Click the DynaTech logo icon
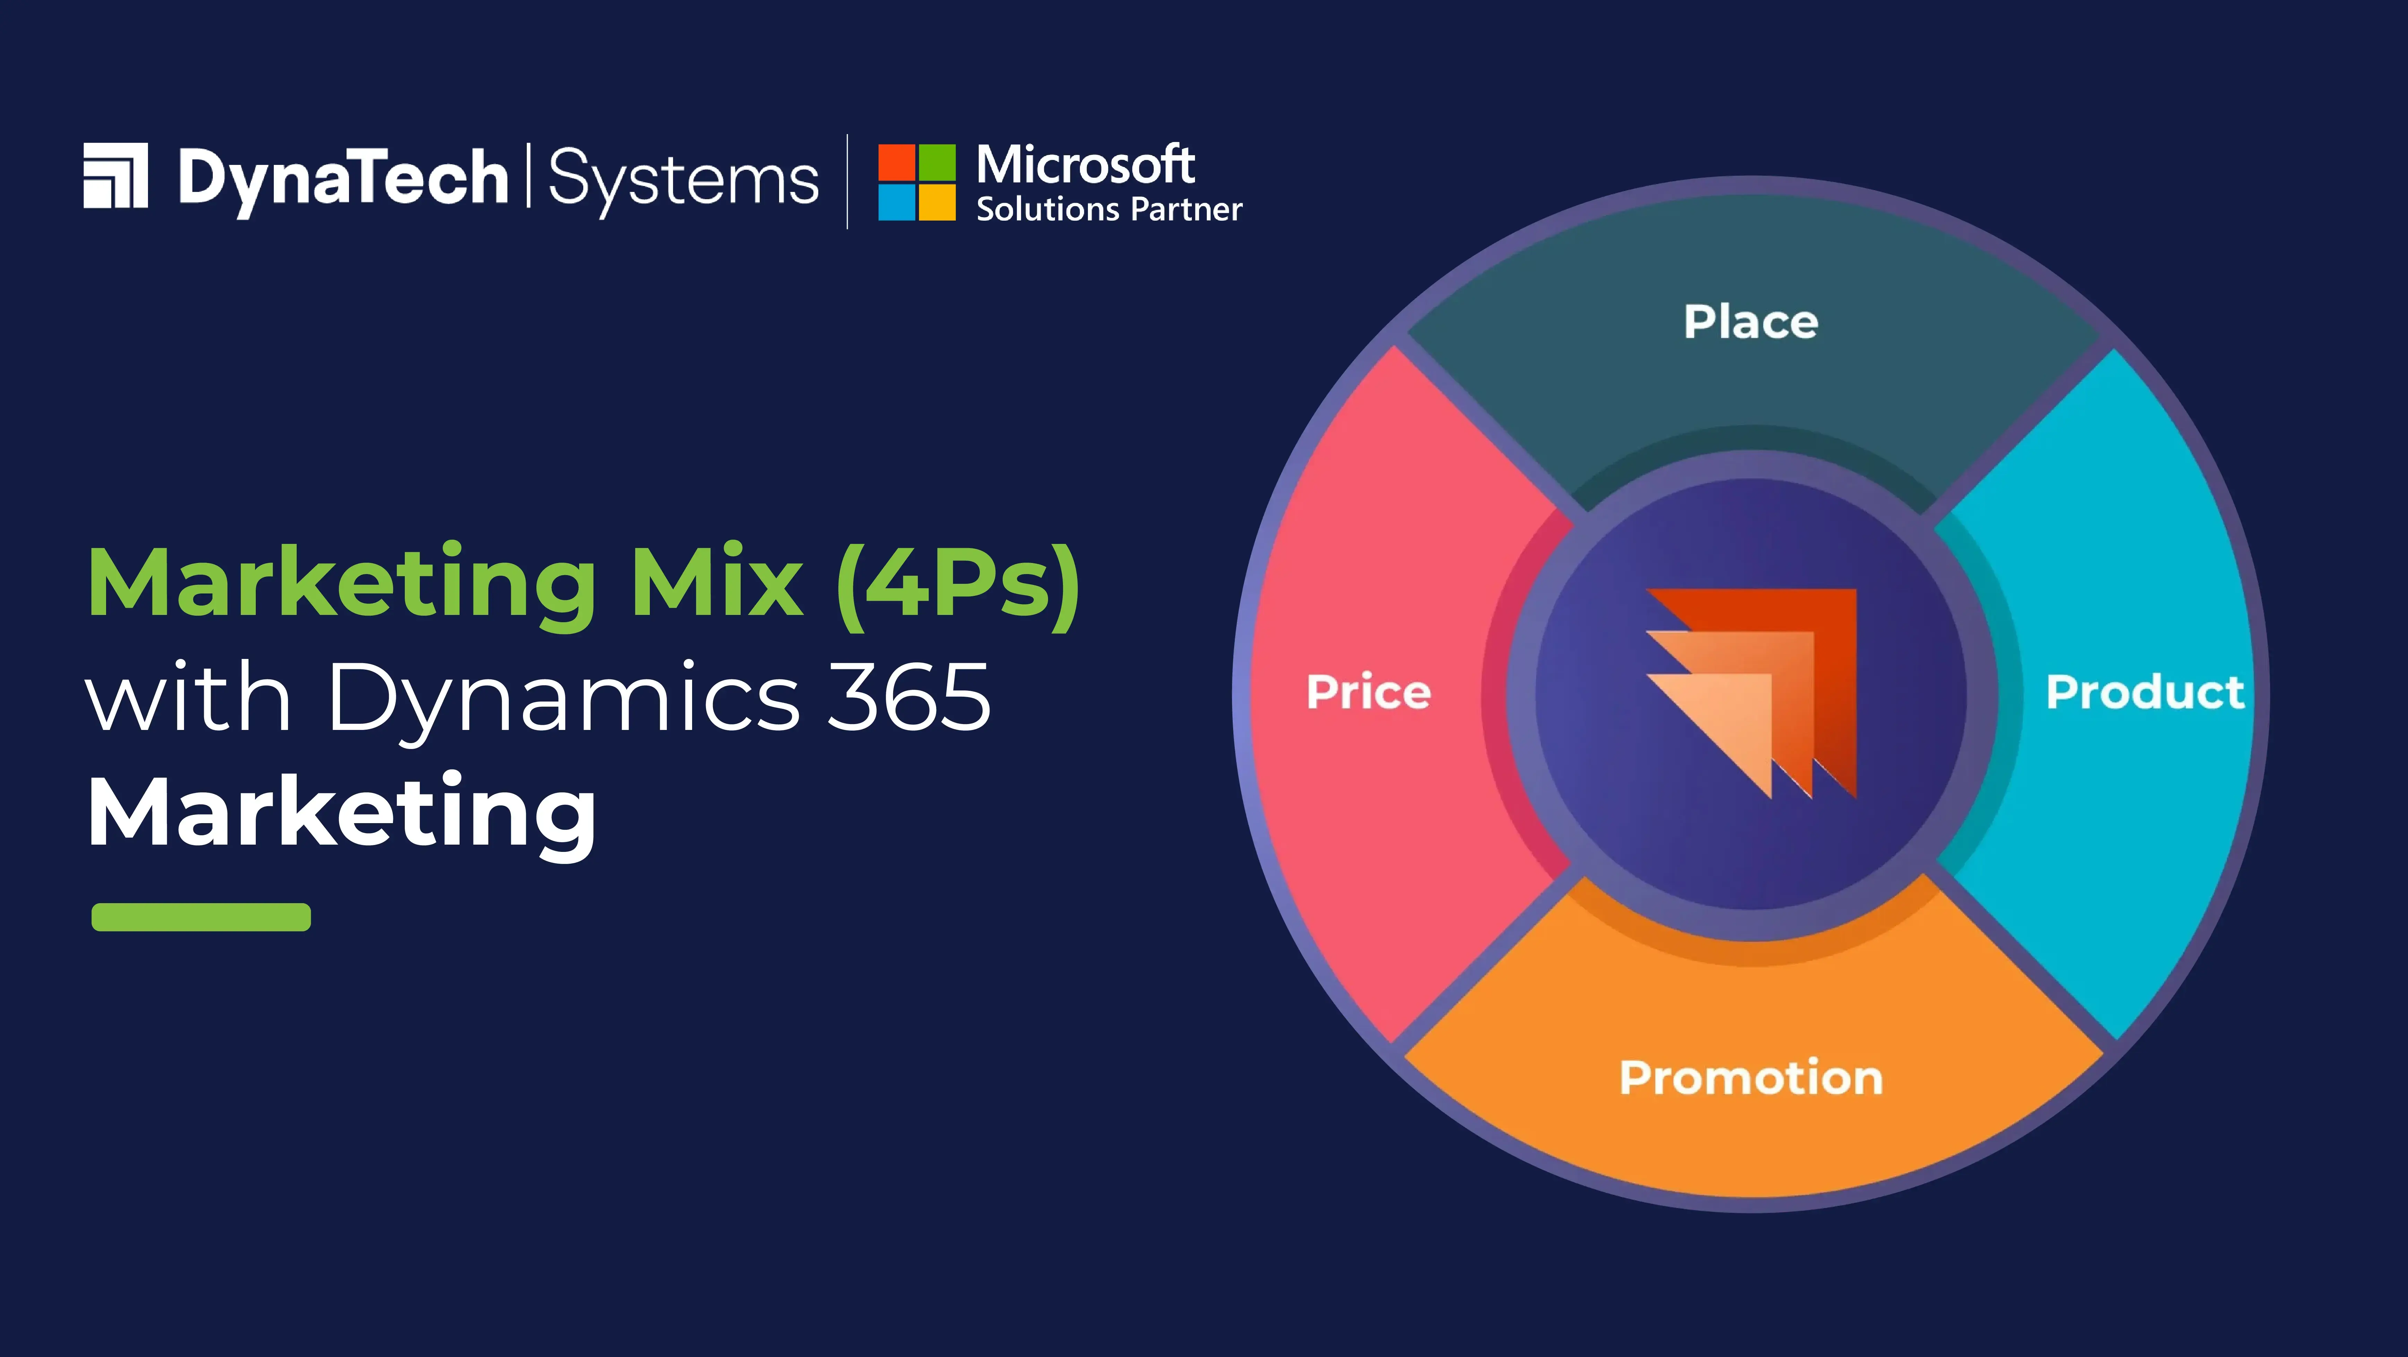click(x=116, y=176)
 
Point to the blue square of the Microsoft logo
click(x=896, y=203)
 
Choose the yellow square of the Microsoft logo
click(x=937, y=203)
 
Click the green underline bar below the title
click(x=201, y=917)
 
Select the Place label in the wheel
click(x=1751, y=323)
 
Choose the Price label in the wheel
click(x=1369, y=693)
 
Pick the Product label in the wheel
click(x=2144, y=693)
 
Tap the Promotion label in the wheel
click(x=1751, y=1077)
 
